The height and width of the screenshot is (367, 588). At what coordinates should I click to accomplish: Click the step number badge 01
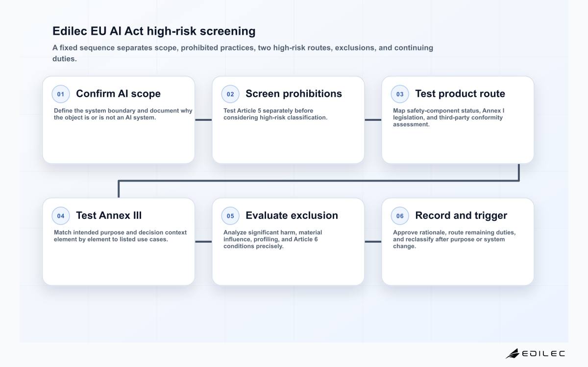(61, 94)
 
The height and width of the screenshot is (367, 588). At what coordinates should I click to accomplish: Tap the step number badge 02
(230, 94)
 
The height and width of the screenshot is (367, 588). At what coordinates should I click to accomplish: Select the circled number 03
(400, 94)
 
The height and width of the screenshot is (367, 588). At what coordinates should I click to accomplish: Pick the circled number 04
(61, 216)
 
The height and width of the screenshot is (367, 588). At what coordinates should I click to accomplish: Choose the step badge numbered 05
(230, 216)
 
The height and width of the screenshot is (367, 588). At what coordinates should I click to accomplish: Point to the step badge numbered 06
(400, 216)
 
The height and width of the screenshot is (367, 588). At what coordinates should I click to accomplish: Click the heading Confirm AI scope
(118, 93)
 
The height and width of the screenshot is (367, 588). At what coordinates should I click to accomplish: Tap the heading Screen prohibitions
(294, 93)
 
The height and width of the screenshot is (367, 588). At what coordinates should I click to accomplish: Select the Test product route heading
(460, 93)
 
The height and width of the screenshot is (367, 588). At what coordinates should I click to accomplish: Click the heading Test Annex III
(109, 215)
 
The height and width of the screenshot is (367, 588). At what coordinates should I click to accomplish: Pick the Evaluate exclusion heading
(292, 215)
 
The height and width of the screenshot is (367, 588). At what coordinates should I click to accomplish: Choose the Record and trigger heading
(461, 215)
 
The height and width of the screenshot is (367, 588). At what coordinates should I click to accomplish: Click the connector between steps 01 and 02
(203, 120)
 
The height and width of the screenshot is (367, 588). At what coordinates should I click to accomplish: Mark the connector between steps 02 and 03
(373, 120)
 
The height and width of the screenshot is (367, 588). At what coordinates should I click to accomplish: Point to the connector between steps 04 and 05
(203, 242)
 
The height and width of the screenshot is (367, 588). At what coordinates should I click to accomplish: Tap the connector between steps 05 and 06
(373, 242)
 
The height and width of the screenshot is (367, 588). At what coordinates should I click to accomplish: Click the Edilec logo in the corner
(536, 353)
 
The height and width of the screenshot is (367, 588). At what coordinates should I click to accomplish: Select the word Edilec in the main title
(70, 31)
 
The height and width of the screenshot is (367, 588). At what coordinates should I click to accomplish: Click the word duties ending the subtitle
(64, 59)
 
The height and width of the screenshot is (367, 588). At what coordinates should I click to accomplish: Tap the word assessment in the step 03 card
(411, 124)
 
